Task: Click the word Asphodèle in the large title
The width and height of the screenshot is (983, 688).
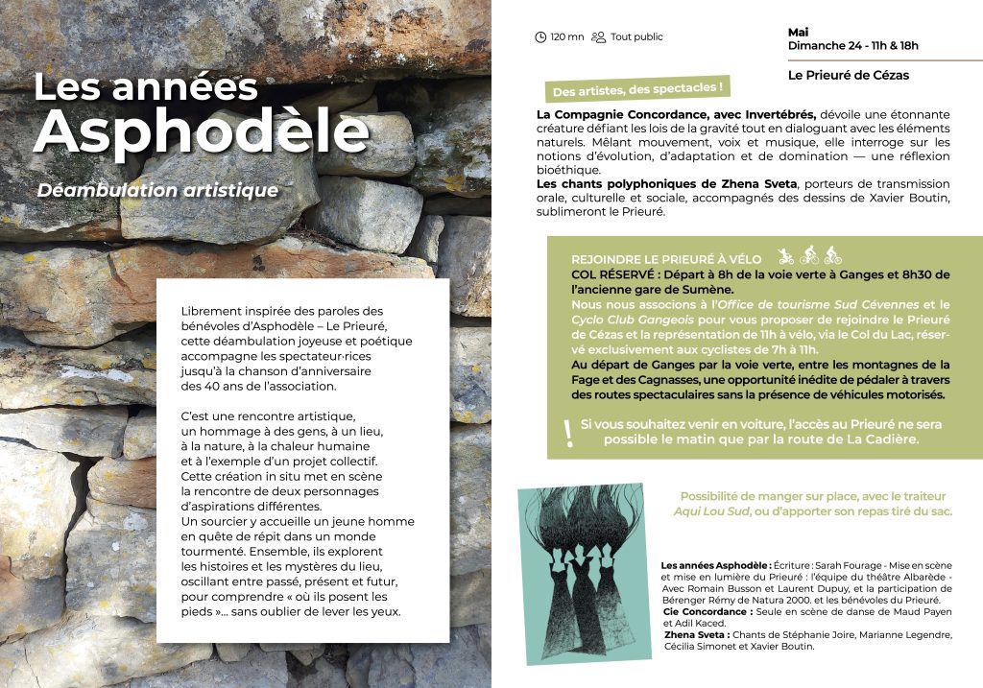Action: tap(201, 131)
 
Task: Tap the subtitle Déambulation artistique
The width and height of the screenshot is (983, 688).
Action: tap(157, 190)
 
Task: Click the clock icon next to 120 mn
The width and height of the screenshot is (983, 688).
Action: tap(540, 37)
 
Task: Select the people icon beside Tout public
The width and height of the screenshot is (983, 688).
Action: tap(599, 37)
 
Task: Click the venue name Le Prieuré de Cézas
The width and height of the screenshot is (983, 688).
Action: tap(848, 75)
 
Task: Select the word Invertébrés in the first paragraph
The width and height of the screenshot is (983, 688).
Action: tap(779, 114)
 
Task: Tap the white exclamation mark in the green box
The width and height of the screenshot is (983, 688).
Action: tap(569, 433)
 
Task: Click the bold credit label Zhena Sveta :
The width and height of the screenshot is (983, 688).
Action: tap(696, 634)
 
